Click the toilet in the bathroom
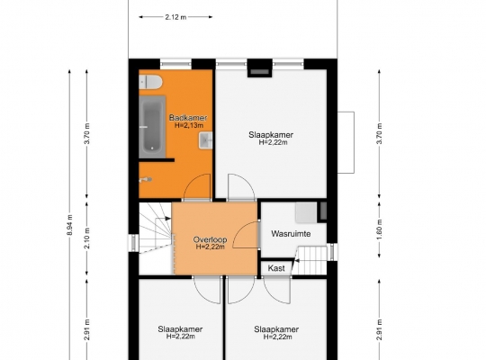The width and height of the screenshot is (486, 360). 150,83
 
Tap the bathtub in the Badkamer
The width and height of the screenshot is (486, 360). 152,126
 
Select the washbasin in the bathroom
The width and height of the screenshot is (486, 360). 205,140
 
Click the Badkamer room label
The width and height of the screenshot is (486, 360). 188,118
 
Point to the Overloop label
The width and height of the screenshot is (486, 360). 210,239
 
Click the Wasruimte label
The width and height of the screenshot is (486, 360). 291,234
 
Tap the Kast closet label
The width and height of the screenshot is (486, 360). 276,268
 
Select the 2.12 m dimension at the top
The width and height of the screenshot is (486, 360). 175,17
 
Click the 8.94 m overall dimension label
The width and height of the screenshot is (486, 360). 69,225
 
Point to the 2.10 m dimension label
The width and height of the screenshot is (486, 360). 87,238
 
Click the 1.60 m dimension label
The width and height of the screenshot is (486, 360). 380,229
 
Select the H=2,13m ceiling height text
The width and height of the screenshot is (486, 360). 189,125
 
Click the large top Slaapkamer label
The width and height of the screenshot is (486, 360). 271,135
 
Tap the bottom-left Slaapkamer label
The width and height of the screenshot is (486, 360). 180,329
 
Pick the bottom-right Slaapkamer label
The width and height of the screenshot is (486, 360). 276,329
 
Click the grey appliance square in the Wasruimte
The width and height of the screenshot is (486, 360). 306,212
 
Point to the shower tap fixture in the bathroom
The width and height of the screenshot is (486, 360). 146,179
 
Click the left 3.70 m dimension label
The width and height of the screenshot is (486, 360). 87,133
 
